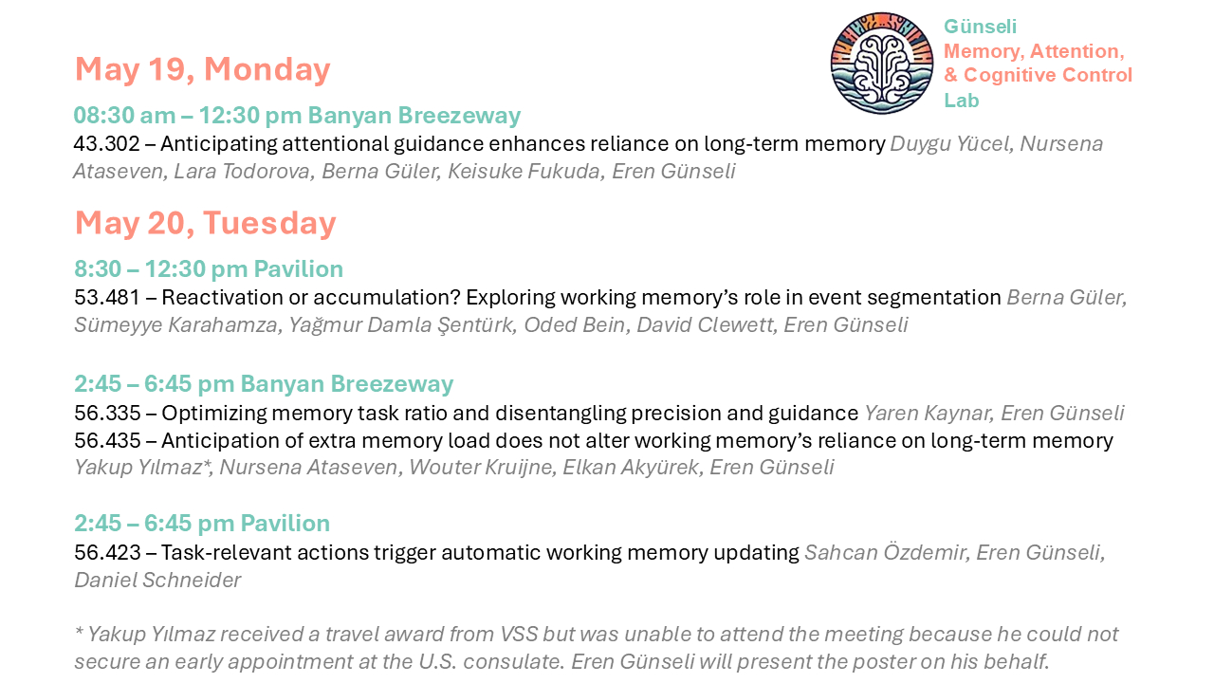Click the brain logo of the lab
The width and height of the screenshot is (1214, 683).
[882, 64]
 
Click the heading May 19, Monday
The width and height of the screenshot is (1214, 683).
[202, 69]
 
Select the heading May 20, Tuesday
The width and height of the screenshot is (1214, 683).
[206, 223]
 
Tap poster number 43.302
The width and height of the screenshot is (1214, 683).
[107, 143]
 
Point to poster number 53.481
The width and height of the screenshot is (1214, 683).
[107, 297]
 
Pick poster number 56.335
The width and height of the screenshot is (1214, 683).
[107, 413]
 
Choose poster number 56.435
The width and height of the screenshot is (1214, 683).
[107, 440]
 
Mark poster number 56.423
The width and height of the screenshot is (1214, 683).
[107, 552]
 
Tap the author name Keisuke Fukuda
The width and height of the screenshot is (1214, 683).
[524, 172]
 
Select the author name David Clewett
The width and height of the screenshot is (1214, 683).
[705, 324]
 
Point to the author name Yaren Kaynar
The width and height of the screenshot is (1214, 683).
[928, 414]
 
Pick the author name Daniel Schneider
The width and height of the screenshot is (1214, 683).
[157, 580]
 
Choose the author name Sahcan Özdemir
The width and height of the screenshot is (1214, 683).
[885, 552]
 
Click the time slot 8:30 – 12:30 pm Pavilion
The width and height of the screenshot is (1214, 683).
[209, 268]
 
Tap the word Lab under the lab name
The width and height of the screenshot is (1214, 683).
[962, 101]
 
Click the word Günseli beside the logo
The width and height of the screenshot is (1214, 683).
[981, 26]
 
